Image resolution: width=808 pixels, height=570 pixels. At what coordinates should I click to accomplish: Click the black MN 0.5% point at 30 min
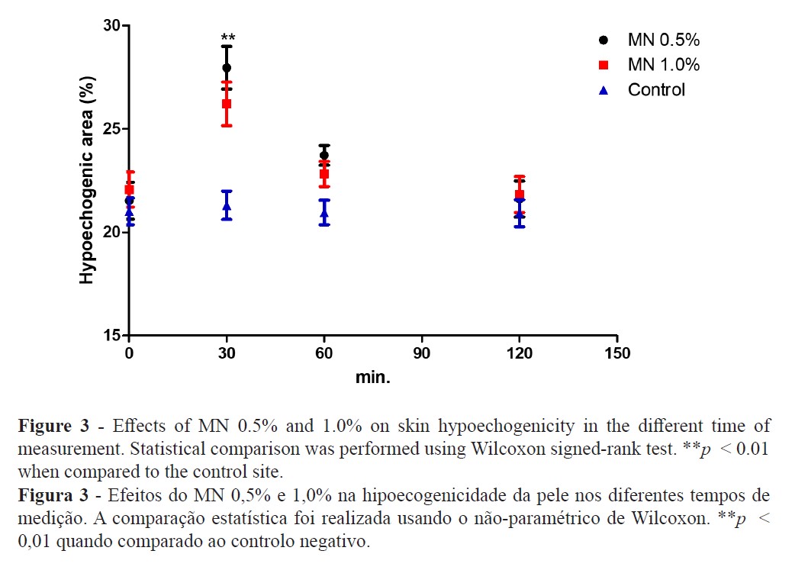(x=227, y=68)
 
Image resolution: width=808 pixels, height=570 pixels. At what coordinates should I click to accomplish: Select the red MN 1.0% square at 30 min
(x=227, y=104)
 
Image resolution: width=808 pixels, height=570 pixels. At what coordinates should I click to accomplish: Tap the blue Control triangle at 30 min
(x=227, y=206)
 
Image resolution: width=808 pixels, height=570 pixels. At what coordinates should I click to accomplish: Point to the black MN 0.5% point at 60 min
(x=324, y=155)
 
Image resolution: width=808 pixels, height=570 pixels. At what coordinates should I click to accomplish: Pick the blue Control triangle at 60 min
(x=324, y=211)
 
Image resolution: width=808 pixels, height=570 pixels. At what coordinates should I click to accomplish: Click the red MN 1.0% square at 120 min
(x=520, y=195)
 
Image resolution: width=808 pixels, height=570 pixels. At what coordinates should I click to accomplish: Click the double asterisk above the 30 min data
(x=227, y=37)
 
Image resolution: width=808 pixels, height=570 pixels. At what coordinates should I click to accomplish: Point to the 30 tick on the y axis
(x=112, y=26)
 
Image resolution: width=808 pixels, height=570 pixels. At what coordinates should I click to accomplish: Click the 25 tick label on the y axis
(x=112, y=129)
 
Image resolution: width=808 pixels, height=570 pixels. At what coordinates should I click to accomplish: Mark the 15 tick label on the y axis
(x=112, y=335)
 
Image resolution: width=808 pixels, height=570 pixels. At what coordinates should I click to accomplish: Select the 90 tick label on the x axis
(x=422, y=353)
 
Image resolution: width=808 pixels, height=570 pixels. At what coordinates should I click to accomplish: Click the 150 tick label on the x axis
(x=616, y=353)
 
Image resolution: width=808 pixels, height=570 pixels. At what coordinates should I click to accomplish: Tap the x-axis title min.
(x=372, y=378)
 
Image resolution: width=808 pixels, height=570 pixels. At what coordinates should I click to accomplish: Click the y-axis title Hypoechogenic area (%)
(x=88, y=180)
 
